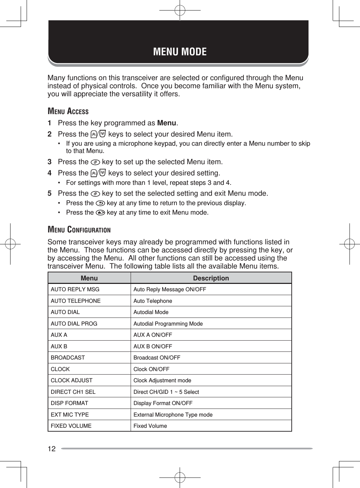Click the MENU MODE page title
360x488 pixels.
[180, 52]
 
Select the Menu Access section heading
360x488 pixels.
[68, 111]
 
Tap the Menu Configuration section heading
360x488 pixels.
[79, 230]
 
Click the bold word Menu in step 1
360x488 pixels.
[167, 123]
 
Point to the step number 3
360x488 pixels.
[50, 162]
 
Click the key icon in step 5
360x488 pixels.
[95, 194]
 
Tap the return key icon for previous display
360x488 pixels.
[100, 203]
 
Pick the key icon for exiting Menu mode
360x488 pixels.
[100, 212]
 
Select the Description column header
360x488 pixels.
[211, 278]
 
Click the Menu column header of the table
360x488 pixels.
[89, 278]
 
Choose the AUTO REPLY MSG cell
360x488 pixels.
[75, 290]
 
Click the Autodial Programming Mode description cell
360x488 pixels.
[168, 324]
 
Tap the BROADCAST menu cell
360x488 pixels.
[68, 358]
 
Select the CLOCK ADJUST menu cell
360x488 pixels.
[71, 381]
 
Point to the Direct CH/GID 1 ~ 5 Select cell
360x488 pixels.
[166, 392]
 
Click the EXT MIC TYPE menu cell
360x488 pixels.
[70, 415]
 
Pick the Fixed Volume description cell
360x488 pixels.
[150, 426]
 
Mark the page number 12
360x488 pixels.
[51, 449]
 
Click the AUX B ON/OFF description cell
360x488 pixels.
[153, 347]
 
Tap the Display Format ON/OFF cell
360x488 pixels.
[163, 403]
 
